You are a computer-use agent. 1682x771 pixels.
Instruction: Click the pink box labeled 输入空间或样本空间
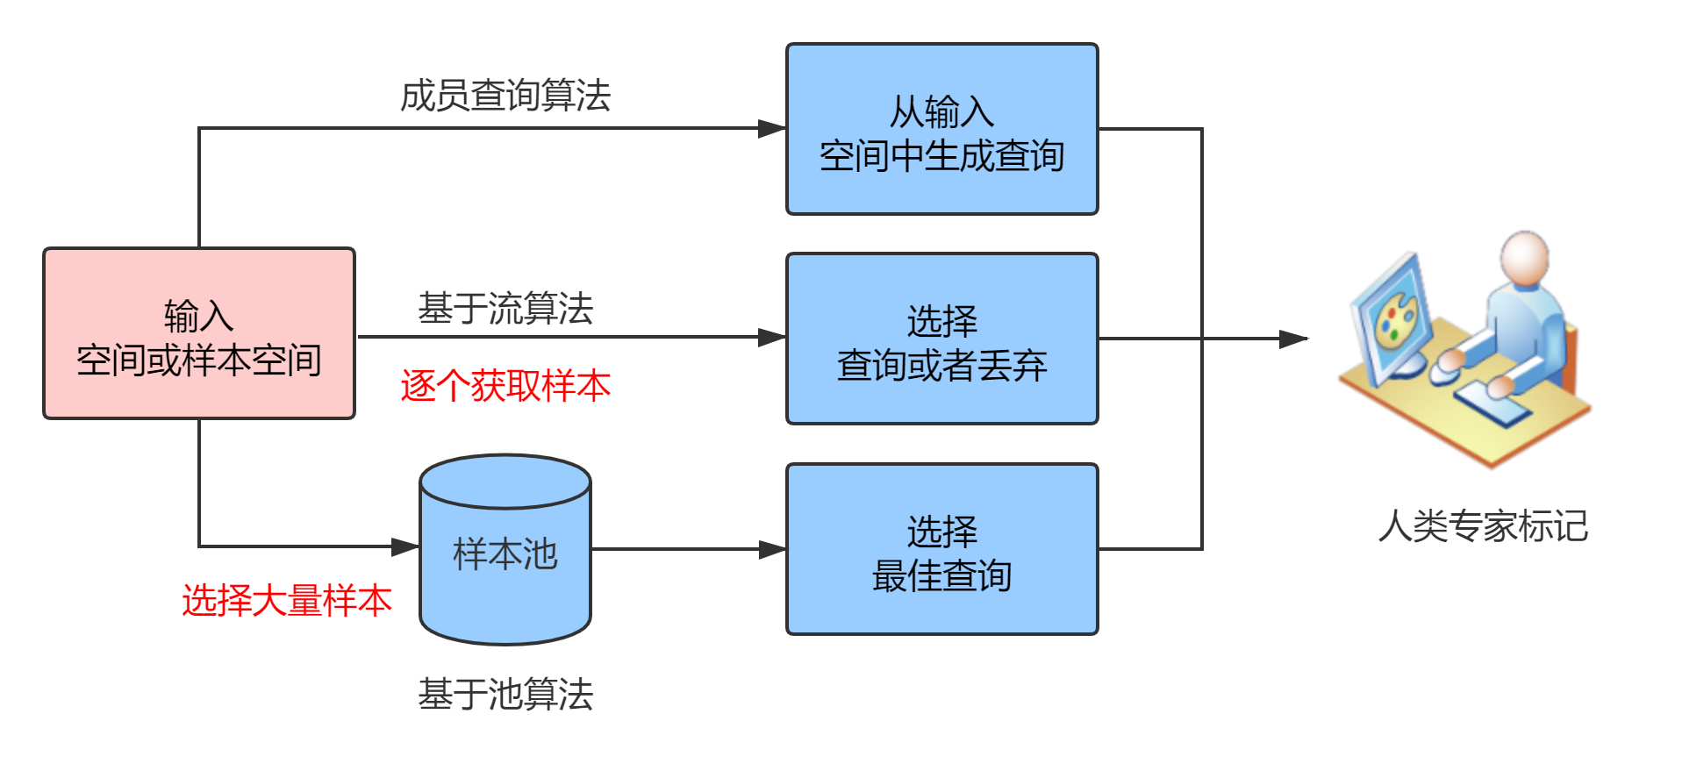tap(199, 333)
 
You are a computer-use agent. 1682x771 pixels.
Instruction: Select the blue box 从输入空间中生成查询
tap(941, 129)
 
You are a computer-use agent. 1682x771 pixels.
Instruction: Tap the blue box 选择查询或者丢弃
tap(941, 339)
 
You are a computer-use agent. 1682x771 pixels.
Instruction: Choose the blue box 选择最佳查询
tap(941, 549)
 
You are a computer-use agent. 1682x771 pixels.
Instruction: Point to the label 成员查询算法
tap(505, 96)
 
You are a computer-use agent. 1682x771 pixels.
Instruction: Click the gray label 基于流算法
tap(505, 309)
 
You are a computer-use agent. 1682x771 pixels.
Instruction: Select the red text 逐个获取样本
tap(505, 386)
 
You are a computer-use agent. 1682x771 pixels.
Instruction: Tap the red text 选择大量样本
tap(286, 601)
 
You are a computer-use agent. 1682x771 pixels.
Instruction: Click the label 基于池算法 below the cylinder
tap(505, 695)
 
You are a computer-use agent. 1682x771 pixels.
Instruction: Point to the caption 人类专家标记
tap(1483, 526)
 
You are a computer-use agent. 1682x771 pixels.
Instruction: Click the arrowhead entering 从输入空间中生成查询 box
tap(772, 129)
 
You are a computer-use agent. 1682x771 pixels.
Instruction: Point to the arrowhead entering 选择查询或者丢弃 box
tap(772, 337)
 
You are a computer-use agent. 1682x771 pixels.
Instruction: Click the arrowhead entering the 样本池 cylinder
tap(405, 547)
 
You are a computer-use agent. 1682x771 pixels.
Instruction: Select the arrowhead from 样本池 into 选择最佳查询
tap(772, 550)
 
